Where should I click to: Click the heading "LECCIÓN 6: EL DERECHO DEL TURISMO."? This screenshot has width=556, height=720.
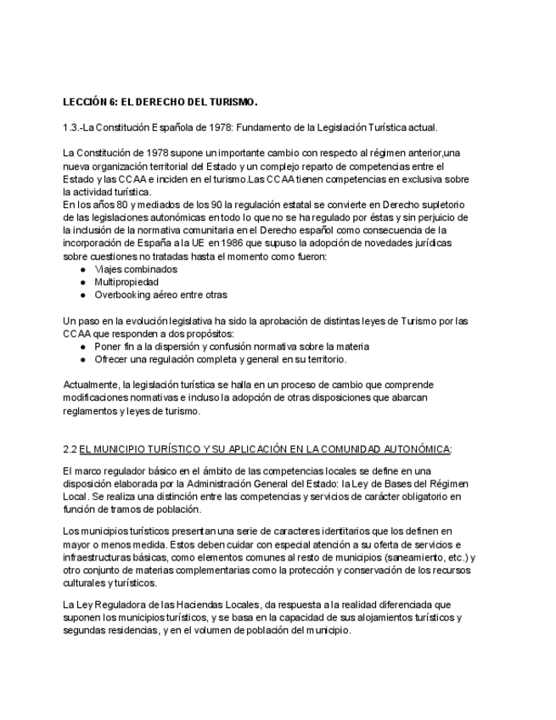click(160, 103)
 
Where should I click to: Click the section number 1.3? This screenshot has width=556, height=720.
click(71, 127)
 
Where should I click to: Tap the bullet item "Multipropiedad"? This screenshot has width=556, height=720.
click(126, 281)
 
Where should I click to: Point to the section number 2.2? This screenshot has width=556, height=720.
click(70, 448)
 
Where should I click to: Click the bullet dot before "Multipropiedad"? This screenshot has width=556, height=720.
click(82, 282)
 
